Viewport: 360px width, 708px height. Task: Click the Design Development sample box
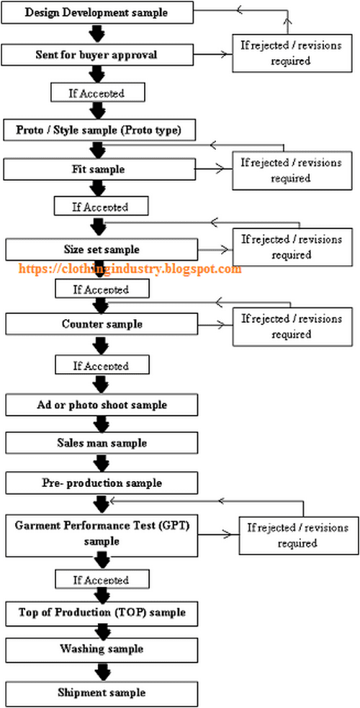[98, 13]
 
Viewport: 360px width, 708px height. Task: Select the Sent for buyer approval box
[98, 55]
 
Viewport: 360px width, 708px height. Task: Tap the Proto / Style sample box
[98, 130]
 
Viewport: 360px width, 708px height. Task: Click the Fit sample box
[100, 169]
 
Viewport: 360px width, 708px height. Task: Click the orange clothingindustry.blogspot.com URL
[129, 269]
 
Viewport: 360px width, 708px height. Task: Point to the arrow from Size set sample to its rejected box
[215, 250]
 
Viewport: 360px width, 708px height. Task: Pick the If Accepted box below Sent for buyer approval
[98, 93]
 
